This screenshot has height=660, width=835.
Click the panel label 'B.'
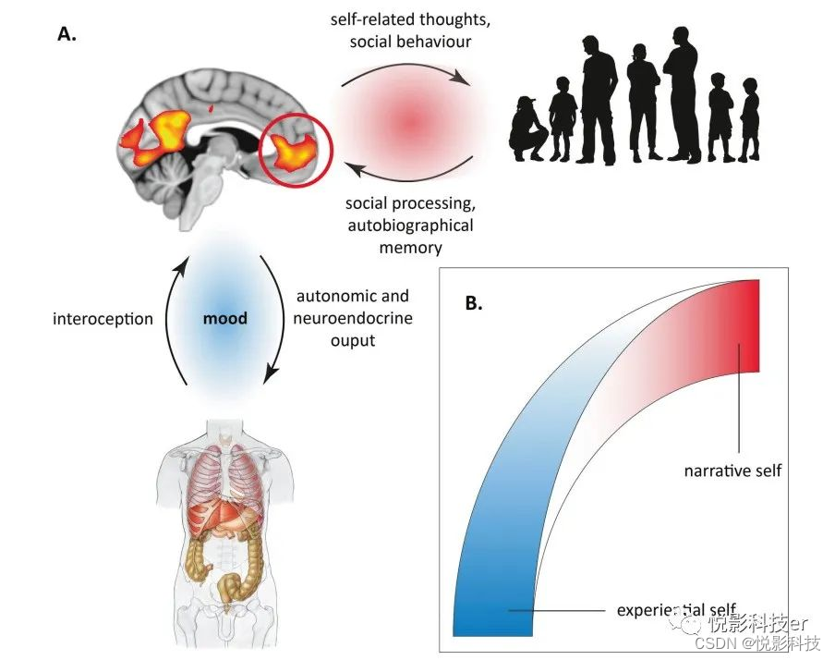click(x=475, y=302)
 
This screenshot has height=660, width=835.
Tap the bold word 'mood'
click(x=226, y=319)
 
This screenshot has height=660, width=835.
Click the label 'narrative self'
click(x=732, y=471)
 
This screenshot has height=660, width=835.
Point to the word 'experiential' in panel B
click(x=659, y=611)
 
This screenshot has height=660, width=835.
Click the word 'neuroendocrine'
click(x=352, y=319)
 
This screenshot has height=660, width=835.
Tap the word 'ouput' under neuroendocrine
click(x=352, y=341)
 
